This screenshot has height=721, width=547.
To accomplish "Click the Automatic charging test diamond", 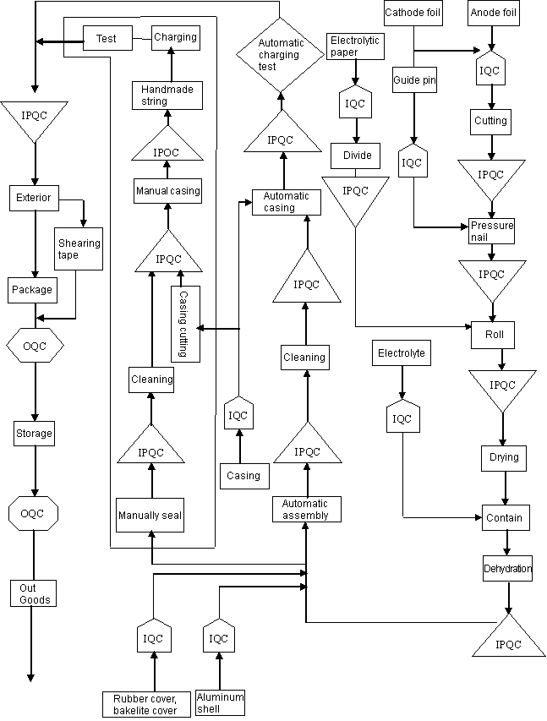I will coord(279,54).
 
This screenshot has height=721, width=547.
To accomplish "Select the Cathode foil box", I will coord(412,13).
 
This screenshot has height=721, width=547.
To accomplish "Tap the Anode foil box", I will coord(493,13).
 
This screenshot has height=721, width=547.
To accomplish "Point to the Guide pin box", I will coord(413,80).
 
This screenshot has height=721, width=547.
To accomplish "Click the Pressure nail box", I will coord(491,231).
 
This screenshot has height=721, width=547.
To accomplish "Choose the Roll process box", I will coord(494,334).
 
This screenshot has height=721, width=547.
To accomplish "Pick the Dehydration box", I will coord(507,569).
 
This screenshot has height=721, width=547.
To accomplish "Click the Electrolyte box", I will coord(402,353).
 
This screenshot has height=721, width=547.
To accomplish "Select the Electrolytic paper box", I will coord(355,46).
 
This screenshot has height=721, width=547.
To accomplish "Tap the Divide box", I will coord(357,156).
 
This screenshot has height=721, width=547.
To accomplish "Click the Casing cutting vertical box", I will coord(185,325).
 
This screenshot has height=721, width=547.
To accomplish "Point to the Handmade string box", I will coord(167,95).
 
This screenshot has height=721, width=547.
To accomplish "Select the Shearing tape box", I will coord(79,249).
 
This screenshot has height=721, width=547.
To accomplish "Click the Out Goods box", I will coord(35,593).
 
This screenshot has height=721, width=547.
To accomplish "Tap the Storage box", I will coord(34,434).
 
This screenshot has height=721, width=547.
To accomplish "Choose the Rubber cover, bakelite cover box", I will coord(145,704).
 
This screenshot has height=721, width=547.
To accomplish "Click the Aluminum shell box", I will coord(220,702).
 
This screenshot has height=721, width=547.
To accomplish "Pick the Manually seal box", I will coord(150,515).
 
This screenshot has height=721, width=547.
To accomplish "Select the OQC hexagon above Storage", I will coord(34,345).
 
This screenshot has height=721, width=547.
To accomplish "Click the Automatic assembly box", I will coord(306,509).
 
